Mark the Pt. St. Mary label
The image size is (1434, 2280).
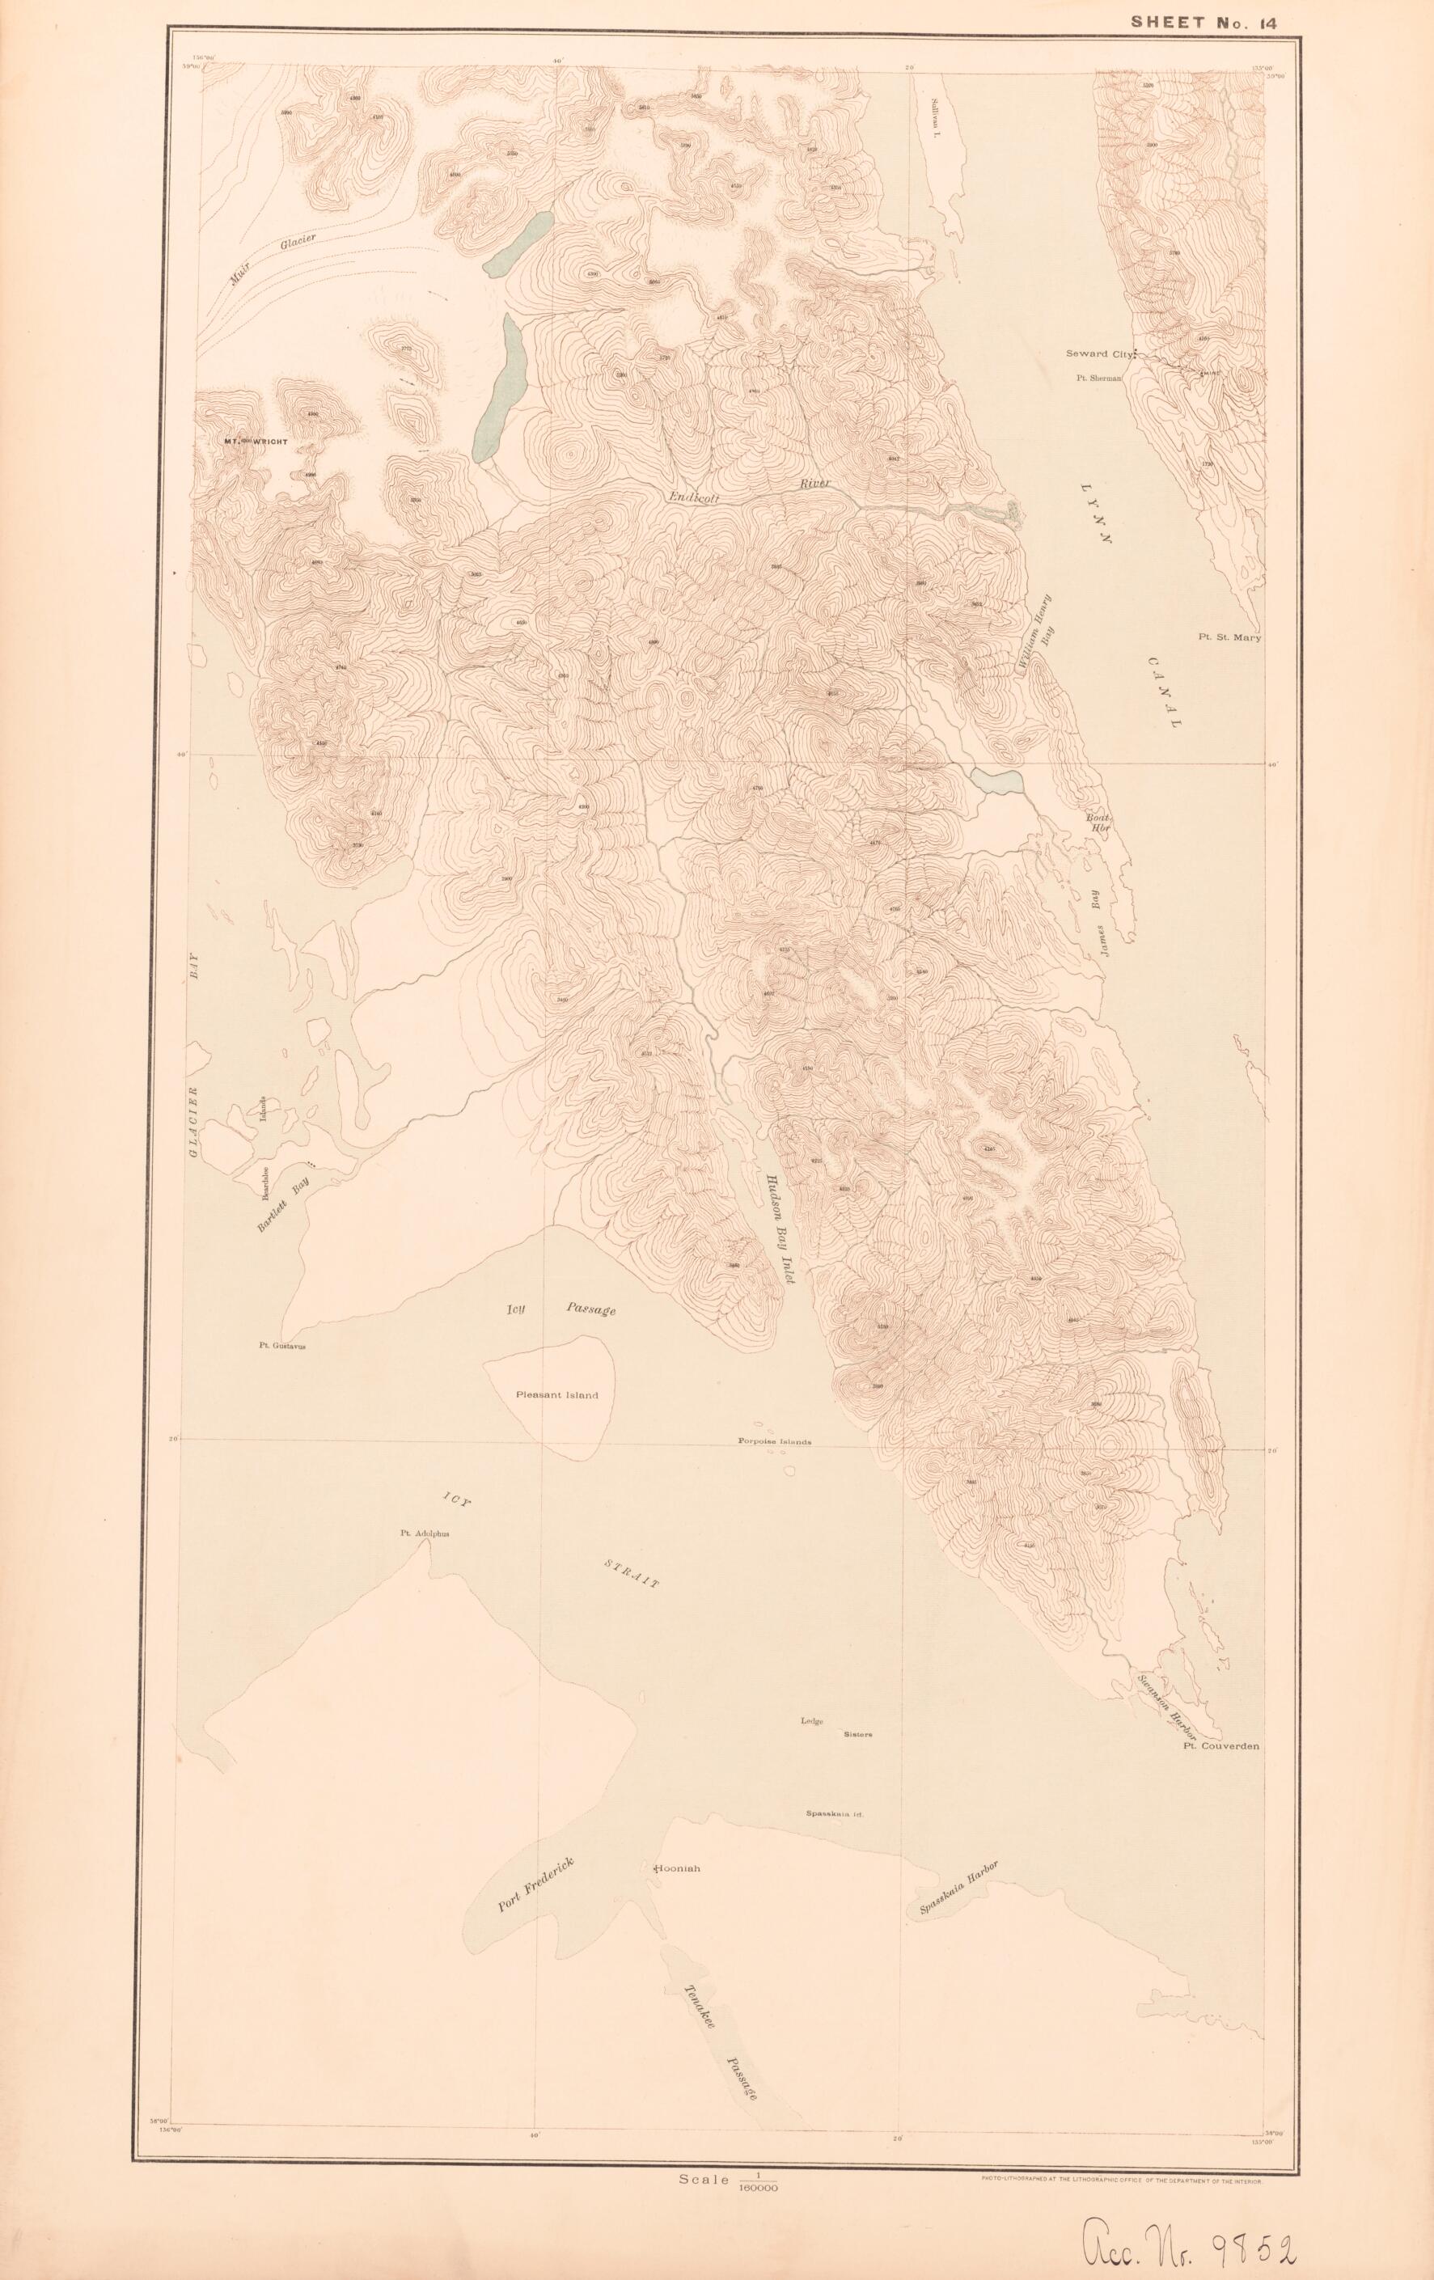coord(1229,638)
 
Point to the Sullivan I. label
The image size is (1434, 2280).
coord(932,124)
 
